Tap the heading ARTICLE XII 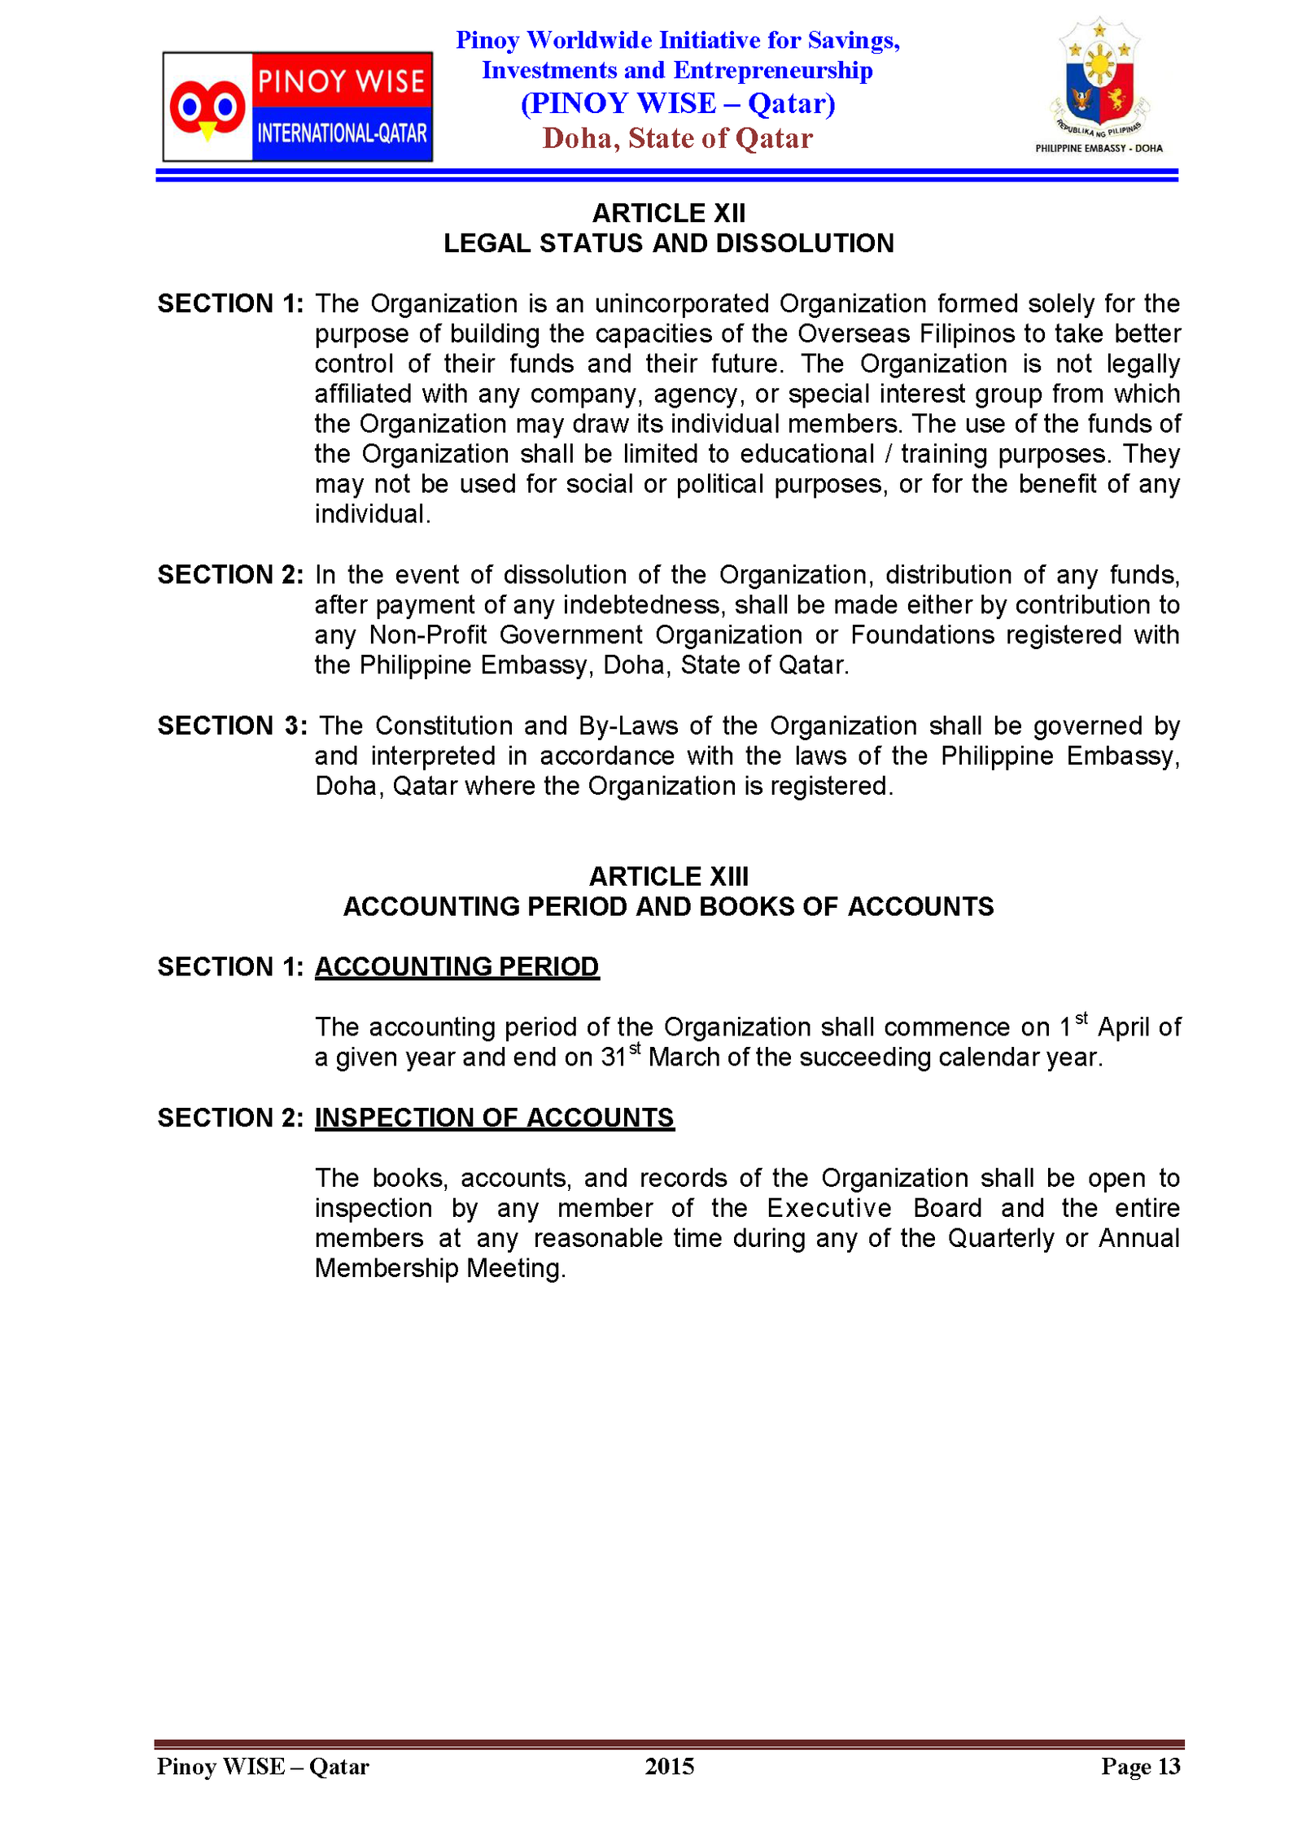[668, 213]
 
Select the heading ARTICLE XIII [668, 876]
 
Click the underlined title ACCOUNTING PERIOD [457, 966]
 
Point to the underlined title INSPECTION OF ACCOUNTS [494, 1118]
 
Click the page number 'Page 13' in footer [1140, 1766]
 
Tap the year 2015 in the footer [669, 1766]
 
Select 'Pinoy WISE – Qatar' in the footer [263, 1766]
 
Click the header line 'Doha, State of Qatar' [677, 138]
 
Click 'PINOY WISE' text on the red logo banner [341, 81]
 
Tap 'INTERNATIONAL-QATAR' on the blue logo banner [342, 133]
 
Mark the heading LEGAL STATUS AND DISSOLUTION [668, 243]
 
